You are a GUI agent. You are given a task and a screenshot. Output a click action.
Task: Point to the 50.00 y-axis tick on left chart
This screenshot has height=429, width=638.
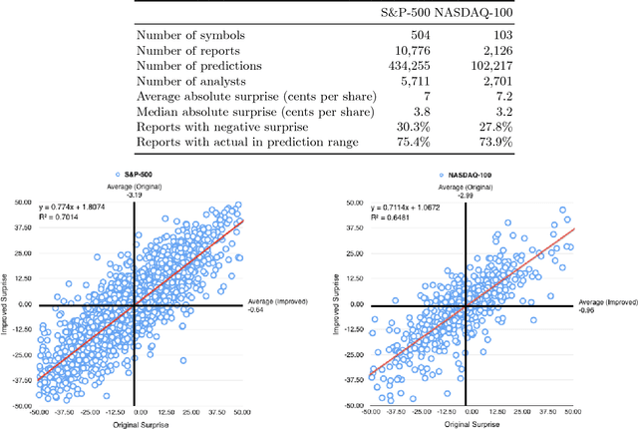tap(20, 202)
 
